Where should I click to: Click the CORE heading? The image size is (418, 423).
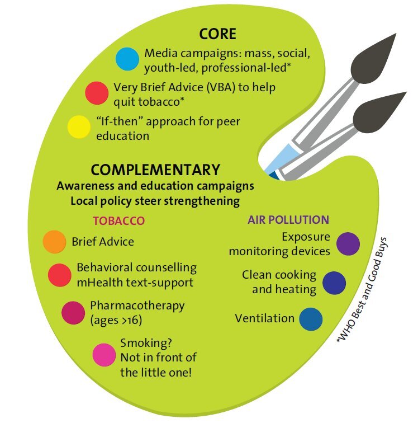217,34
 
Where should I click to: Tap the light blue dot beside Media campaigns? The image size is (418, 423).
127,59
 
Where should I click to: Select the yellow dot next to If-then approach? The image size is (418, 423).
79,127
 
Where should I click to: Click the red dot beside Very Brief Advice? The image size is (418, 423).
97,93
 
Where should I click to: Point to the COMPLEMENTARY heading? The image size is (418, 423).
155,170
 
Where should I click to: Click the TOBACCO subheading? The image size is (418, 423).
119,220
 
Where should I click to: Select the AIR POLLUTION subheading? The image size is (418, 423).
288,219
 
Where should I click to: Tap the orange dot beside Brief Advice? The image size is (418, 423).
54,242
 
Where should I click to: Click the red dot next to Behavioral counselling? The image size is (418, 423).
60,275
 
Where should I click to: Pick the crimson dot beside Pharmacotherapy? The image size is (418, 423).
73,313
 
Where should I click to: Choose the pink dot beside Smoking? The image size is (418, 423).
104,355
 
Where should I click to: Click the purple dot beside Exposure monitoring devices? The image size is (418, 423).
348,244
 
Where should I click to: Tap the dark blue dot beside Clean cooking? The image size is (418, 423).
334,283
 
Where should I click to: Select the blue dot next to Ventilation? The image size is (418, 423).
311,319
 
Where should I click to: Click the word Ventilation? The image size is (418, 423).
264,318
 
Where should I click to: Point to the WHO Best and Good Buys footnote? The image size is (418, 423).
362,290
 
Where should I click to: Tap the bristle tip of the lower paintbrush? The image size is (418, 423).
406,92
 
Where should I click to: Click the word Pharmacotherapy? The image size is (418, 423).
137,307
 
